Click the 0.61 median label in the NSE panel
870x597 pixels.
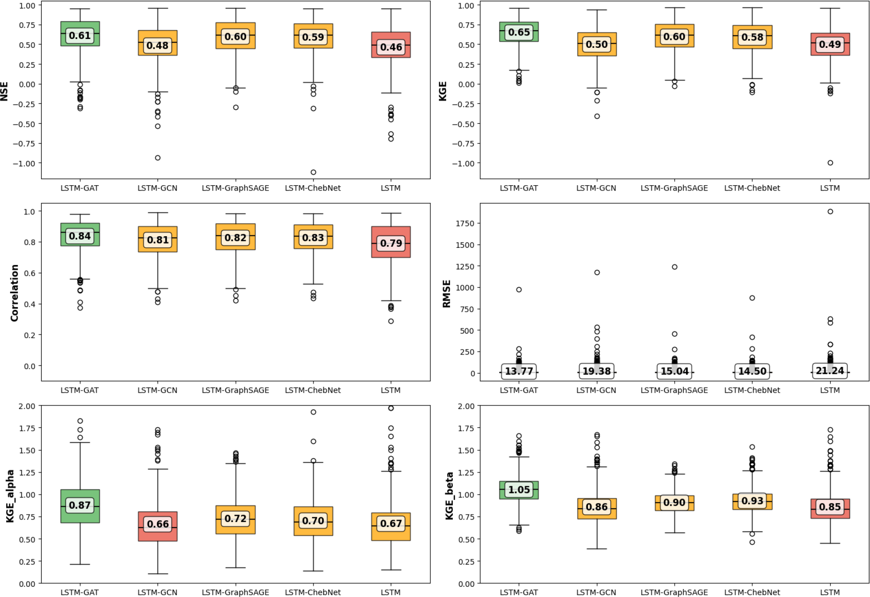click(80, 36)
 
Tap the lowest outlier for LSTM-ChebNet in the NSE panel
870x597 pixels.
click(314, 172)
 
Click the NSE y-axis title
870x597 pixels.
click(5, 91)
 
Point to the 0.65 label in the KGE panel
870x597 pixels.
click(519, 32)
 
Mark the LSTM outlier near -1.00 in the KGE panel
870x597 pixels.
click(830, 163)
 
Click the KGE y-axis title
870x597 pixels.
click(443, 91)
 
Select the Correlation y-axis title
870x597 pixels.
click(15, 293)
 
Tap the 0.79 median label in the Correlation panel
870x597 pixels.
click(391, 243)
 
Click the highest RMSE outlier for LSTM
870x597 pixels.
click(830, 211)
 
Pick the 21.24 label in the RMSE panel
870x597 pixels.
click(830, 371)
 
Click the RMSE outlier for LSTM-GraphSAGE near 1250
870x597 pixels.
click(674, 267)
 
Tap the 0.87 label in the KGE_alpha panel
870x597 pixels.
click(80, 505)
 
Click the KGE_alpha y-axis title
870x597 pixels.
click(10, 496)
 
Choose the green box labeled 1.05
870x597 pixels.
click(519, 484)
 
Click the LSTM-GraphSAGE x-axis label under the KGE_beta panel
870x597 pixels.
click(674, 592)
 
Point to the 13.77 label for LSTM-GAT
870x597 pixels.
click(519, 371)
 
